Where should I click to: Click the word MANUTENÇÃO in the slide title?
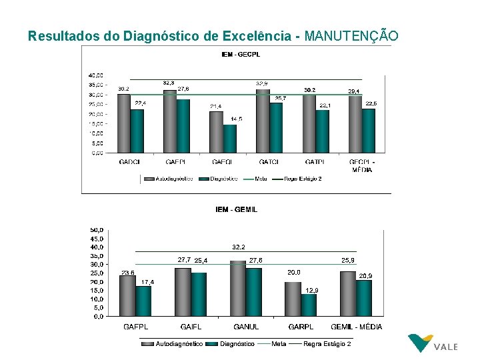351,35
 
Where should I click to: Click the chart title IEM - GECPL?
242,54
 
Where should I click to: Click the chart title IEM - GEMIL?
237,209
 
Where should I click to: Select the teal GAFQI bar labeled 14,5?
230,139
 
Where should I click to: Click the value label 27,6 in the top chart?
183,89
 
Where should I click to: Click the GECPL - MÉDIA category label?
363,165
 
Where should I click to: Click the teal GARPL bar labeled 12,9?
308,305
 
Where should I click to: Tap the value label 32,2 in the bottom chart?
239,247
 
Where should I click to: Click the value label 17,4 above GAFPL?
147,282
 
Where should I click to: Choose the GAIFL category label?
191,327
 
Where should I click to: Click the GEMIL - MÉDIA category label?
357,327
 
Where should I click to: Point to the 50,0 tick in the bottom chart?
97,230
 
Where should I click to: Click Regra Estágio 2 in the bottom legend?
327,343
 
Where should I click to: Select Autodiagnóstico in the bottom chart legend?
179,343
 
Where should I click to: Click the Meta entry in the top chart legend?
261,179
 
